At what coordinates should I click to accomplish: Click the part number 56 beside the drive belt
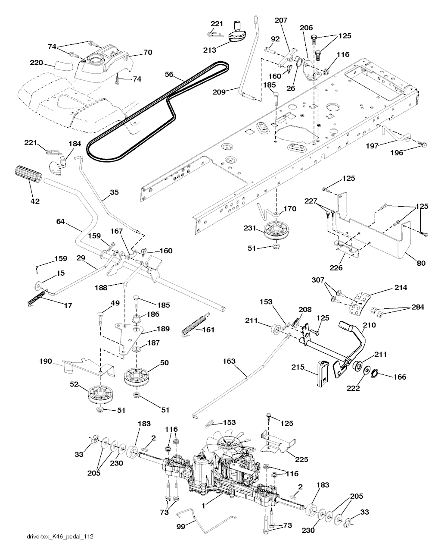[169, 74]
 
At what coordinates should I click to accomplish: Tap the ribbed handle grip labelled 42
[28, 175]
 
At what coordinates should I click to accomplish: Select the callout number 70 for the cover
[148, 53]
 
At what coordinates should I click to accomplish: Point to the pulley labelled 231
[276, 230]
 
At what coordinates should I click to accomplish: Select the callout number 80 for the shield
[421, 263]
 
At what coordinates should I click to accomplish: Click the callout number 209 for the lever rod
[219, 92]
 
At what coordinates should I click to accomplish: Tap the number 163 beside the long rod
[229, 361]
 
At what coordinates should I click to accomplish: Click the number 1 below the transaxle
[203, 506]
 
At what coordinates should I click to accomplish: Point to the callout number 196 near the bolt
[397, 153]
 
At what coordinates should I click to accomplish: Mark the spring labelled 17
[37, 298]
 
